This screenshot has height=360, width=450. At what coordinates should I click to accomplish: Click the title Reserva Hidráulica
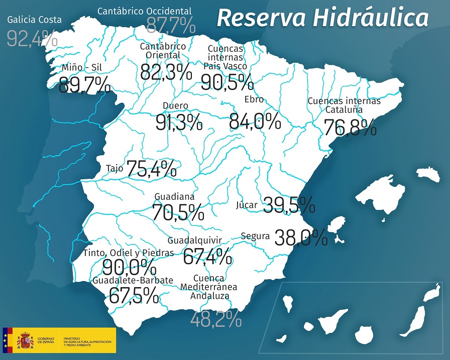(322, 18)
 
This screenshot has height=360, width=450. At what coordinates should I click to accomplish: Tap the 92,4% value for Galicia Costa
(32, 39)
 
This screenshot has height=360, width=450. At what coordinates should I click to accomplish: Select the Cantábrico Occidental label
(144, 11)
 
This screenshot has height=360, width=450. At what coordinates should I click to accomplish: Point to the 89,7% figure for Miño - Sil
(84, 85)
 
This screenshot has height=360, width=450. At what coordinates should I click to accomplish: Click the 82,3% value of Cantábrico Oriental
(166, 72)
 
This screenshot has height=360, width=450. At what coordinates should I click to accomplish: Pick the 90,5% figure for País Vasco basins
(227, 82)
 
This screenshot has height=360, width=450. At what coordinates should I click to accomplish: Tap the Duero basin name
(176, 106)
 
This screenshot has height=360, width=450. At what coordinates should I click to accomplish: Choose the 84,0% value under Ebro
(255, 121)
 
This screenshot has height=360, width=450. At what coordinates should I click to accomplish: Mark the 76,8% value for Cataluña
(350, 128)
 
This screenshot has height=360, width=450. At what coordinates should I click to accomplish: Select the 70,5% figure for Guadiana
(178, 212)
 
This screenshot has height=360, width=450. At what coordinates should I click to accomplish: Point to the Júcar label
(247, 205)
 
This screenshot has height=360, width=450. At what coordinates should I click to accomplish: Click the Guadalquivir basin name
(195, 240)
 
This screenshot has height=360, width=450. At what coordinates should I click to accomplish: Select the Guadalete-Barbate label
(133, 280)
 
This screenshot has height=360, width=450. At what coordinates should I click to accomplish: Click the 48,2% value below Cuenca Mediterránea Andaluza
(215, 319)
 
